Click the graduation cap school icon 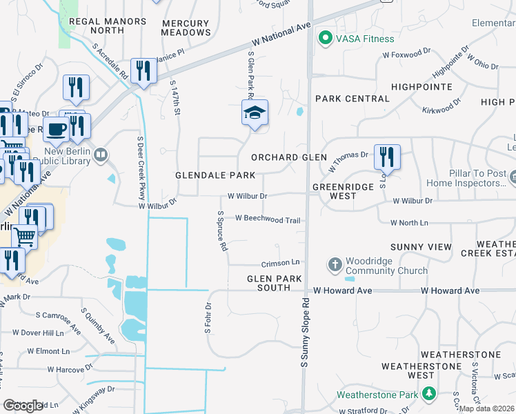[254, 112]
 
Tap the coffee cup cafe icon [55, 128]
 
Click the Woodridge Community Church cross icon [335, 265]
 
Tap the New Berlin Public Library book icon [101, 155]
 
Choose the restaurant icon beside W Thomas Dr [387, 156]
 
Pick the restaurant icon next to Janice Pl [143, 70]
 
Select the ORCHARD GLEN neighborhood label [288, 157]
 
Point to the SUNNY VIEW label [421, 247]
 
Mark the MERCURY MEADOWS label [186, 28]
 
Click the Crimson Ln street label [280, 263]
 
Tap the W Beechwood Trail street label [268, 219]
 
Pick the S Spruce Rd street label [222, 231]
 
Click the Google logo [23, 406]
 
